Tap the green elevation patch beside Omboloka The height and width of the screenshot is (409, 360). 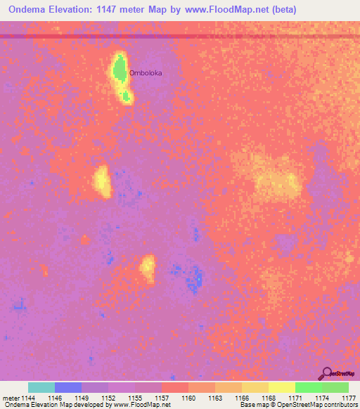coord(120,70)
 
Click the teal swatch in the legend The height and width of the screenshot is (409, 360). coord(41,387)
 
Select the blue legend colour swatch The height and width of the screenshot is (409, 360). coord(68,387)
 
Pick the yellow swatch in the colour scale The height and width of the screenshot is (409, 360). coord(281,387)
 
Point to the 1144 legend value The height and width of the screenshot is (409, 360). coord(28,398)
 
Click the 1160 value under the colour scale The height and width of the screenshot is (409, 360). coord(188,398)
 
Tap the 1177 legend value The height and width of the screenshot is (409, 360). coord(348,398)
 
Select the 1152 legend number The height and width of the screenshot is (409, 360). coord(108,398)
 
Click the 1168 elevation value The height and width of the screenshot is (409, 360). coord(268,398)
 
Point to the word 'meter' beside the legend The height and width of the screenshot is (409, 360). coord(11,398)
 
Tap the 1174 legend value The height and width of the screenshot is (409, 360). coord(321,398)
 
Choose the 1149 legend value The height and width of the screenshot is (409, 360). coord(82,398)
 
